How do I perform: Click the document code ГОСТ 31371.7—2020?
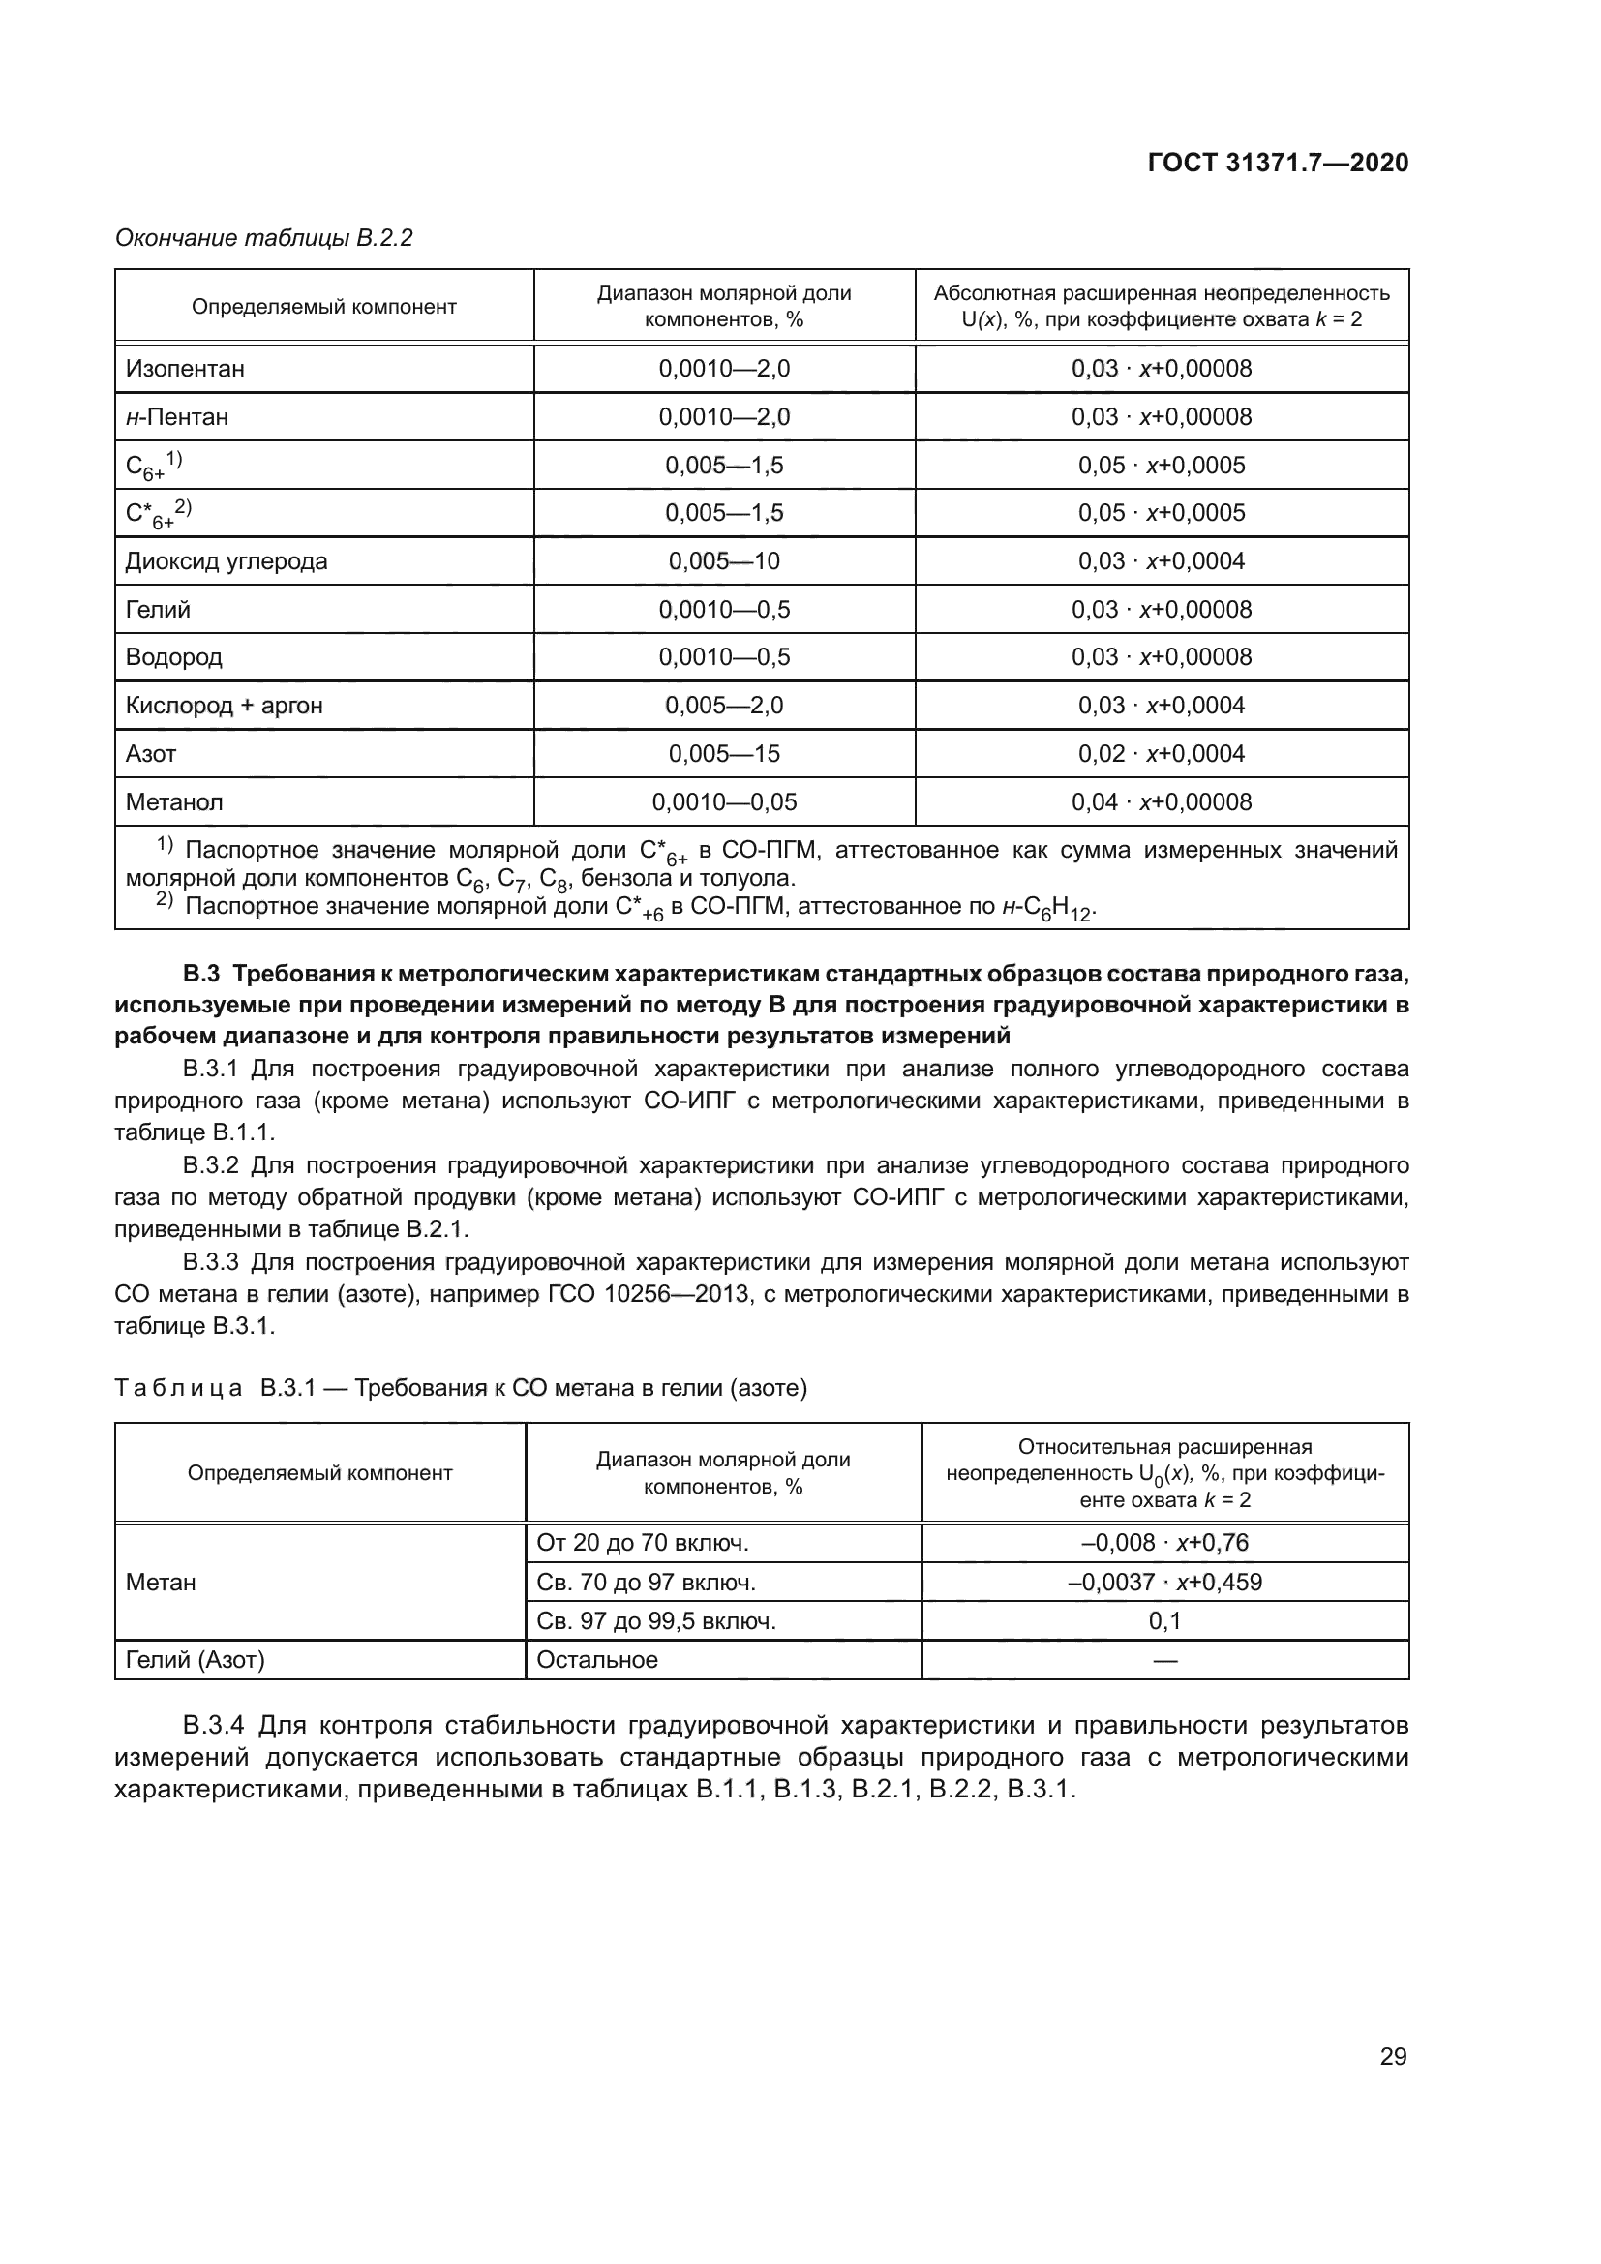tap(1278, 163)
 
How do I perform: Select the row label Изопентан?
tap(185, 369)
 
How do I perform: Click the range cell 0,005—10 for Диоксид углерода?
tap(724, 561)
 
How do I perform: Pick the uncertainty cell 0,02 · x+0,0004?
tap(1162, 753)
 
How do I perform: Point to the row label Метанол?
tap(174, 801)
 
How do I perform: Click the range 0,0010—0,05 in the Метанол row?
tap(724, 801)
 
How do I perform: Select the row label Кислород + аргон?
tap(224, 705)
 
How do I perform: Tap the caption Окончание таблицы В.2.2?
tap(264, 238)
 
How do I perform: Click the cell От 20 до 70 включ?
tap(643, 1542)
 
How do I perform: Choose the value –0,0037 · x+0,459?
tap(1164, 1582)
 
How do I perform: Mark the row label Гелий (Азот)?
tap(196, 1660)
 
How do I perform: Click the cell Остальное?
tap(596, 1660)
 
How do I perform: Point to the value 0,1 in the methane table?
tap(1164, 1620)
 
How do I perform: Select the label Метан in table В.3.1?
tap(161, 1582)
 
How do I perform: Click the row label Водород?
tap(173, 656)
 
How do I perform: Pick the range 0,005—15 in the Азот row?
tap(724, 753)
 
